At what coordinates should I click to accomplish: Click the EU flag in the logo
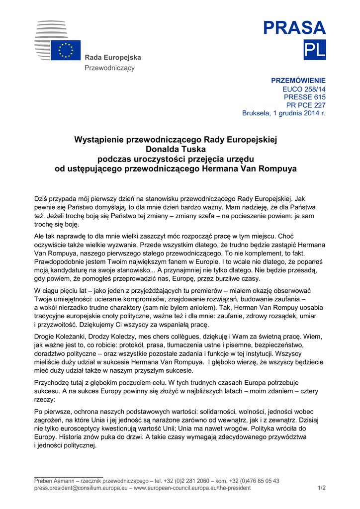66,50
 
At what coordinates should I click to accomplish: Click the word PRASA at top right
294,28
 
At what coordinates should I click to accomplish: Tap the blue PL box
314,50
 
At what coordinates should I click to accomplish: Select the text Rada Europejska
113,58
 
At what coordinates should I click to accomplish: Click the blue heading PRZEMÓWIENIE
298,81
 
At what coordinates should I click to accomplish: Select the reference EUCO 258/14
304,89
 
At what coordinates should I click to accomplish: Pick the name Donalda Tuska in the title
175,149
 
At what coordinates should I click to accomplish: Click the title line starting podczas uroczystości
176,159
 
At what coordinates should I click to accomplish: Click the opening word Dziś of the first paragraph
41,199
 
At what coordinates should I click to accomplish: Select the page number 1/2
321,488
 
